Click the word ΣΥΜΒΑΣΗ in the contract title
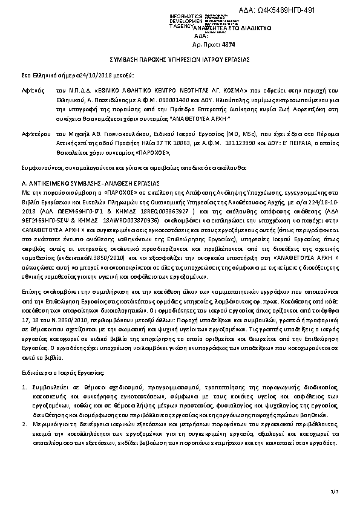pos(124,61)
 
